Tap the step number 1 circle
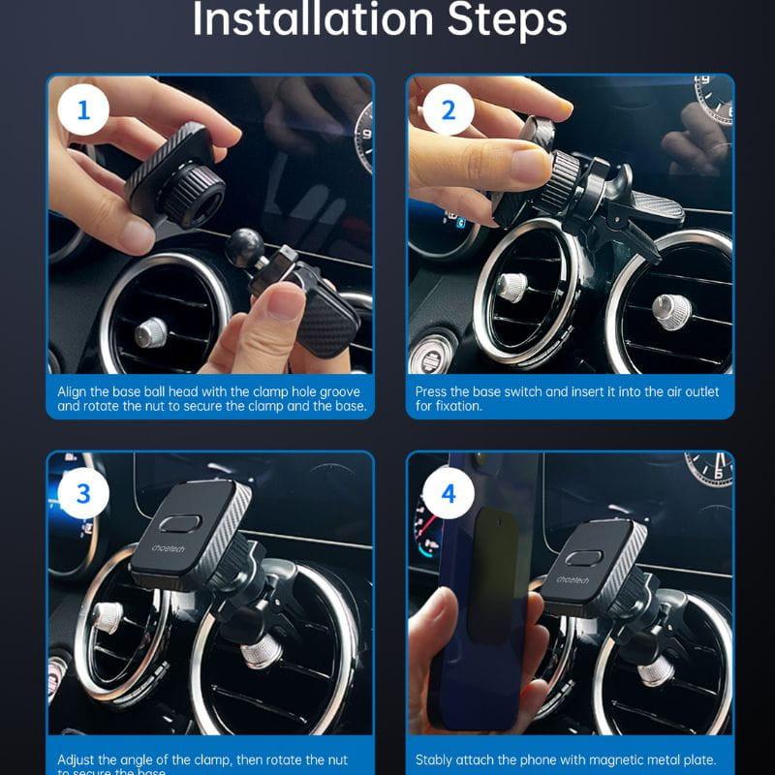point(83,110)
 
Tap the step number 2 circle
point(448,110)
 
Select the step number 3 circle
point(83,493)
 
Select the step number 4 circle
point(448,493)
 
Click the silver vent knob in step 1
point(151,332)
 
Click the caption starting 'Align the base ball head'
point(211,398)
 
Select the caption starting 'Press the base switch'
point(567,398)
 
